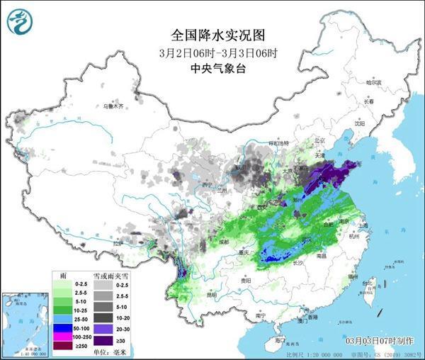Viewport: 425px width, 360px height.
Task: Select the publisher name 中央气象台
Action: [x=213, y=69]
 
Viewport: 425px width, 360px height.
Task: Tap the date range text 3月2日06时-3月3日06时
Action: [x=213, y=52]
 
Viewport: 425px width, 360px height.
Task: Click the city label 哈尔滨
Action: [x=373, y=83]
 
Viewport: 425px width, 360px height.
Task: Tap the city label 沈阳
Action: [x=360, y=123]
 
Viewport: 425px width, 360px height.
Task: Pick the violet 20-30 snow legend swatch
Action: [x=104, y=330]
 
